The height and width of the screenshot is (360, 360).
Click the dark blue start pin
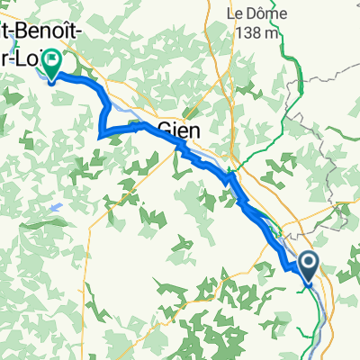point(308,265)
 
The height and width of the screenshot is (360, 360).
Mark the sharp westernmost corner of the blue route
point(97,136)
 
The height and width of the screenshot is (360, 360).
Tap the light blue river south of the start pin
point(314,315)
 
